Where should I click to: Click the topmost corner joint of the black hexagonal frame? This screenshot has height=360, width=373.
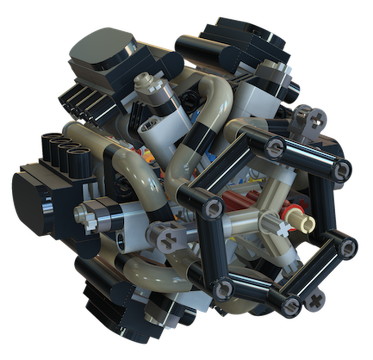click(275, 145)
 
